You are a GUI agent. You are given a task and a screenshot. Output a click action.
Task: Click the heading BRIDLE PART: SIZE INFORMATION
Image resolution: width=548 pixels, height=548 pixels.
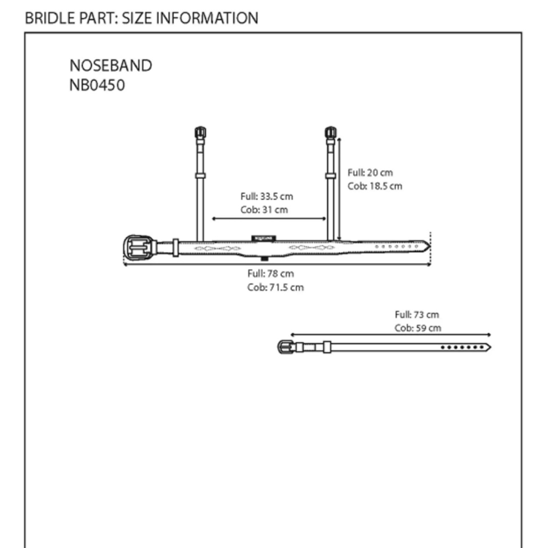[x=142, y=18]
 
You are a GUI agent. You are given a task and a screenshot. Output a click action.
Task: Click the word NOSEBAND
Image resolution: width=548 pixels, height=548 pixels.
[x=111, y=66]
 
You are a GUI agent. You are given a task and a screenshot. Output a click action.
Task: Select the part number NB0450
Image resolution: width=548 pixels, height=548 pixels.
[x=97, y=85]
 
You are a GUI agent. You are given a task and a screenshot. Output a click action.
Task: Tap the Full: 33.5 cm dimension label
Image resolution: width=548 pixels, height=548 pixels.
[x=266, y=197]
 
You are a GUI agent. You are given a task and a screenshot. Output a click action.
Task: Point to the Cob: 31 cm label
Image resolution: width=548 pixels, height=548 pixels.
[x=264, y=210]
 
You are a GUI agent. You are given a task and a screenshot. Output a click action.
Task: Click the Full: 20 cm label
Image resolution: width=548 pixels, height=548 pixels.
[x=370, y=173]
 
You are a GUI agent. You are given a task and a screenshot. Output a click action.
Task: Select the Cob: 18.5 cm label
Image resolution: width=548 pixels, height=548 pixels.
[x=375, y=186]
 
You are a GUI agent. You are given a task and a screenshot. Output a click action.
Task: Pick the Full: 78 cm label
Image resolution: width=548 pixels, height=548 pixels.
[x=271, y=273]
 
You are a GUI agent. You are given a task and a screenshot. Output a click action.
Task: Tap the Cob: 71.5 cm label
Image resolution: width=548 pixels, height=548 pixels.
[x=275, y=287]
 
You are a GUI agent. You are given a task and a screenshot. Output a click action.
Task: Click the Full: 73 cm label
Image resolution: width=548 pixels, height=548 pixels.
[x=416, y=314]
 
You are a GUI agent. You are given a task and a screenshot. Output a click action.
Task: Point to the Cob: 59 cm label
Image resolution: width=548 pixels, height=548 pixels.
[x=418, y=328]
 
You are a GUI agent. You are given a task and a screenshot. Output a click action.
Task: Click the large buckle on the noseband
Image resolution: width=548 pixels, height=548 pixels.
[x=140, y=247]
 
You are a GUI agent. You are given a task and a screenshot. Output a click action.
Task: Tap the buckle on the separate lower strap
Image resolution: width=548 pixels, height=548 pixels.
[x=286, y=347]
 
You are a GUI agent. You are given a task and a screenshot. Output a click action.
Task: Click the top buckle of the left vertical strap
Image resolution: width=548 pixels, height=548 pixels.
[x=200, y=133]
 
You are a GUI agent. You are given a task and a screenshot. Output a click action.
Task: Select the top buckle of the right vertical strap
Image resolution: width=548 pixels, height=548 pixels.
[x=331, y=133]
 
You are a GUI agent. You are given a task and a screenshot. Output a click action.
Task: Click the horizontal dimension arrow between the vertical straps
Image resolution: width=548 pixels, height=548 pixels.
[x=269, y=219]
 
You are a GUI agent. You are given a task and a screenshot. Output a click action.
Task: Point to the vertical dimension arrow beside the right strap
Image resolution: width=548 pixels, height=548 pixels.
[x=339, y=189]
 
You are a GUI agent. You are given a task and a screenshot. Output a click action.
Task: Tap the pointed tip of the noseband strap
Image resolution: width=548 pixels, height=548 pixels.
[x=430, y=247]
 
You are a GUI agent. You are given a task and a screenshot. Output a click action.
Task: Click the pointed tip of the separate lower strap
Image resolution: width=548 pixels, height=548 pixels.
[x=490, y=347]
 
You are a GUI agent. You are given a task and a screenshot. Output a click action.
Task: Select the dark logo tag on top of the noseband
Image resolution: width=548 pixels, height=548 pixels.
[x=264, y=238]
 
